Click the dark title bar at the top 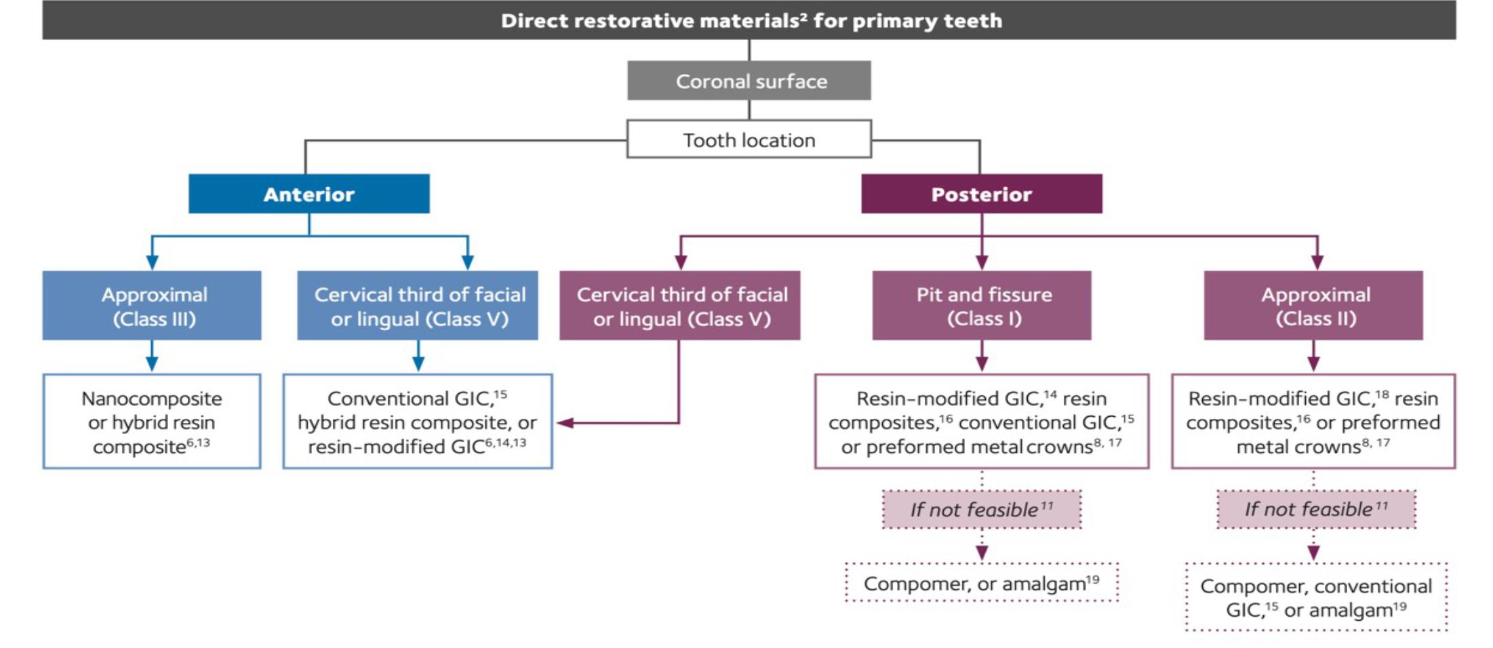tap(749, 20)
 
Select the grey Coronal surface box tap(749, 81)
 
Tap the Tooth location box tap(749, 140)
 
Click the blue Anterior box tap(308, 195)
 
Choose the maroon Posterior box tap(981, 195)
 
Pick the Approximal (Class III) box tap(152, 306)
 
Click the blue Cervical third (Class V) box tap(418, 306)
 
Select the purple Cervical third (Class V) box tap(679, 306)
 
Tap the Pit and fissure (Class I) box tap(982, 306)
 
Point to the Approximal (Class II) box tap(1313, 306)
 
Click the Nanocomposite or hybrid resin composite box tap(152, 422)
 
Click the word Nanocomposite tap(152, 399)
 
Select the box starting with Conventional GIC tap(418, 422)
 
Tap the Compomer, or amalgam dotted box tap(981, 583)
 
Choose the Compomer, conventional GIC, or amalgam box tap(1316, 597)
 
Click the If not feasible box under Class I tap(981, 510)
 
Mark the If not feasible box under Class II tap(1316, 510)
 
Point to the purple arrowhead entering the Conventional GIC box tap(565, 423)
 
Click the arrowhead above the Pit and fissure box tap(982, 262)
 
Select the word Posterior tap(981, 195)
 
